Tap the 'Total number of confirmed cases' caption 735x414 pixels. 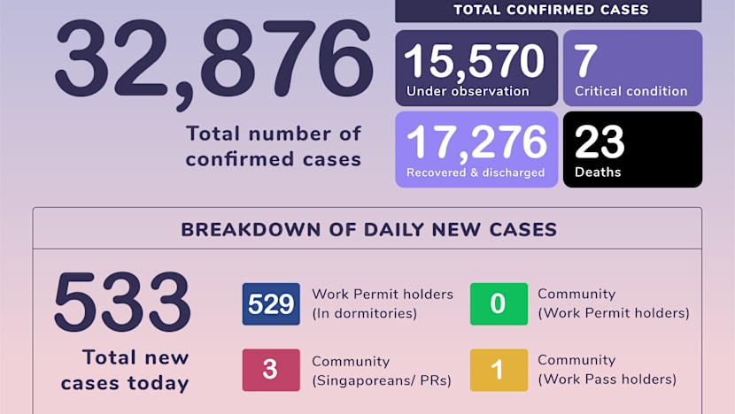(x=273, y=146)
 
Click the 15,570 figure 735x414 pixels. (x=475, y=61)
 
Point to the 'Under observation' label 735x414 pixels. (x=468, y=91)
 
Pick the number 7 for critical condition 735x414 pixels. (x=586, y=61)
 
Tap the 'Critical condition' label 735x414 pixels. (x=631, y=91)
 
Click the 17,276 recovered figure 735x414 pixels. (x=476, y=142)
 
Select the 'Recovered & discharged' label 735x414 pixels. (x=476, y=172)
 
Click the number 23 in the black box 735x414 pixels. (x=600, y=142)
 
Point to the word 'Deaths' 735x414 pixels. (x=598, y=172)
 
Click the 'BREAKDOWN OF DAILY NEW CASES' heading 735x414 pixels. (x=368, y=230)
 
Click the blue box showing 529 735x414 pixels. (x=271, y=304)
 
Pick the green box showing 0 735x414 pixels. (x=498, y=304)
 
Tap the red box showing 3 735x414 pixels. (x=270, y=370)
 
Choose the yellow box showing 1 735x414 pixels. (x=498, y=370)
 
